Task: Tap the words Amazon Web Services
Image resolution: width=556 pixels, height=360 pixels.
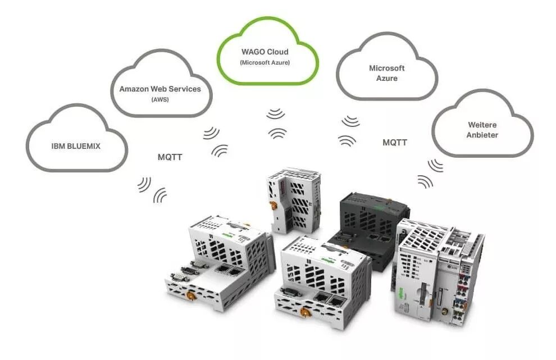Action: coord(160,89)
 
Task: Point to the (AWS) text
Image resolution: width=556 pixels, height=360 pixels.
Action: coord(160,99)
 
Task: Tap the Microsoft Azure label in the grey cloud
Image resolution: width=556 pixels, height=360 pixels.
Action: coord(386,73)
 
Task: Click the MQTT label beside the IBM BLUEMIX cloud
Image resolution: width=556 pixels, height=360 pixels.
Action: coord(170,157)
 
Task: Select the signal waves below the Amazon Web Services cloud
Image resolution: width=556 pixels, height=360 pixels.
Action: coord(215,141)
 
